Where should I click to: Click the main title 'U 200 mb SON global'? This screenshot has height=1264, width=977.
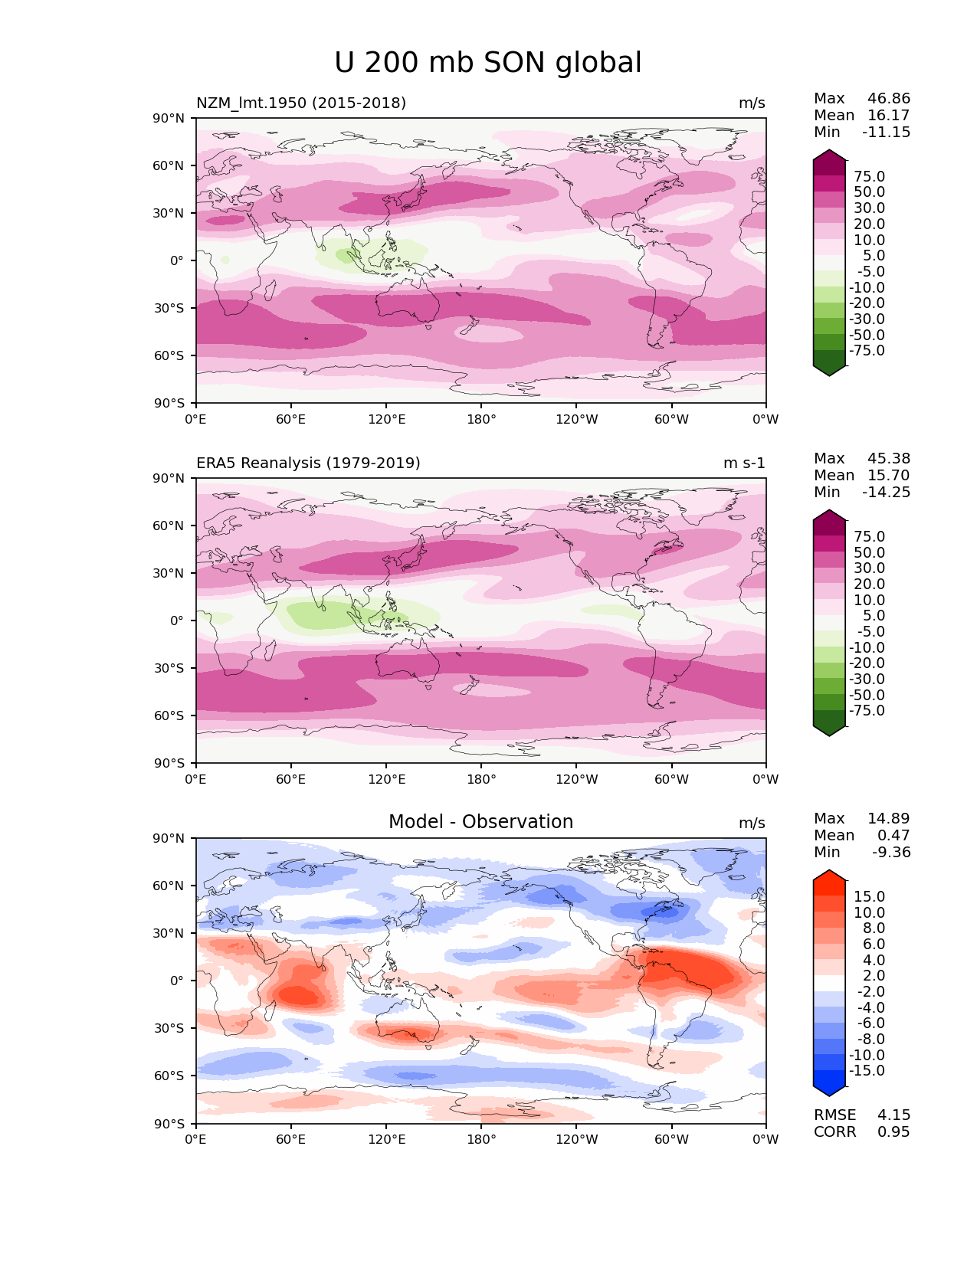click(488, 63)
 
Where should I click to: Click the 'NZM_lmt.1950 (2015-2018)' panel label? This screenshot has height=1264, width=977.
click(301, 103)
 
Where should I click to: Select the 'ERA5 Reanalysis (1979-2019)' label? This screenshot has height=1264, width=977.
click(308, 463)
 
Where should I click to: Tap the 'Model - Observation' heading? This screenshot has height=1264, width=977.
click(480, 822)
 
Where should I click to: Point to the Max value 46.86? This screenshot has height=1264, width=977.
click(889, 99)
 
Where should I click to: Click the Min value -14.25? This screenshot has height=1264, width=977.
click(887, 492)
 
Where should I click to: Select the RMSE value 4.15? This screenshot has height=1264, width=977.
click(893, 1115)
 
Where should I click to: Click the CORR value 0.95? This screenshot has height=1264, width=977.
click(893, 1131)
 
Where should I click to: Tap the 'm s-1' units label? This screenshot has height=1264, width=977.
click(744, 463)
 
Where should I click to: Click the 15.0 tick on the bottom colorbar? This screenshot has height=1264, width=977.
click(869, 896)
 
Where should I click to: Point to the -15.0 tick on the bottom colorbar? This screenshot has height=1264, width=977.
click(867, 1070)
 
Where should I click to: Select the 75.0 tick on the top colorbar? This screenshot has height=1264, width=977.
click(869, 177)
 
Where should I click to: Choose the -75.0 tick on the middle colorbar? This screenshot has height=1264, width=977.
click(867, 710)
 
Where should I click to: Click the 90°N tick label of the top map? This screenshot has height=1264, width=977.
click(169, 118)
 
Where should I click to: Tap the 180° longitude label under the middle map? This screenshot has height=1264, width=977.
click(481, 779)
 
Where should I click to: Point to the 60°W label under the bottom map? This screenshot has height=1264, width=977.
click(671, 1139)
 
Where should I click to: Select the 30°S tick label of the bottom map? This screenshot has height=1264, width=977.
click(169, 1028)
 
